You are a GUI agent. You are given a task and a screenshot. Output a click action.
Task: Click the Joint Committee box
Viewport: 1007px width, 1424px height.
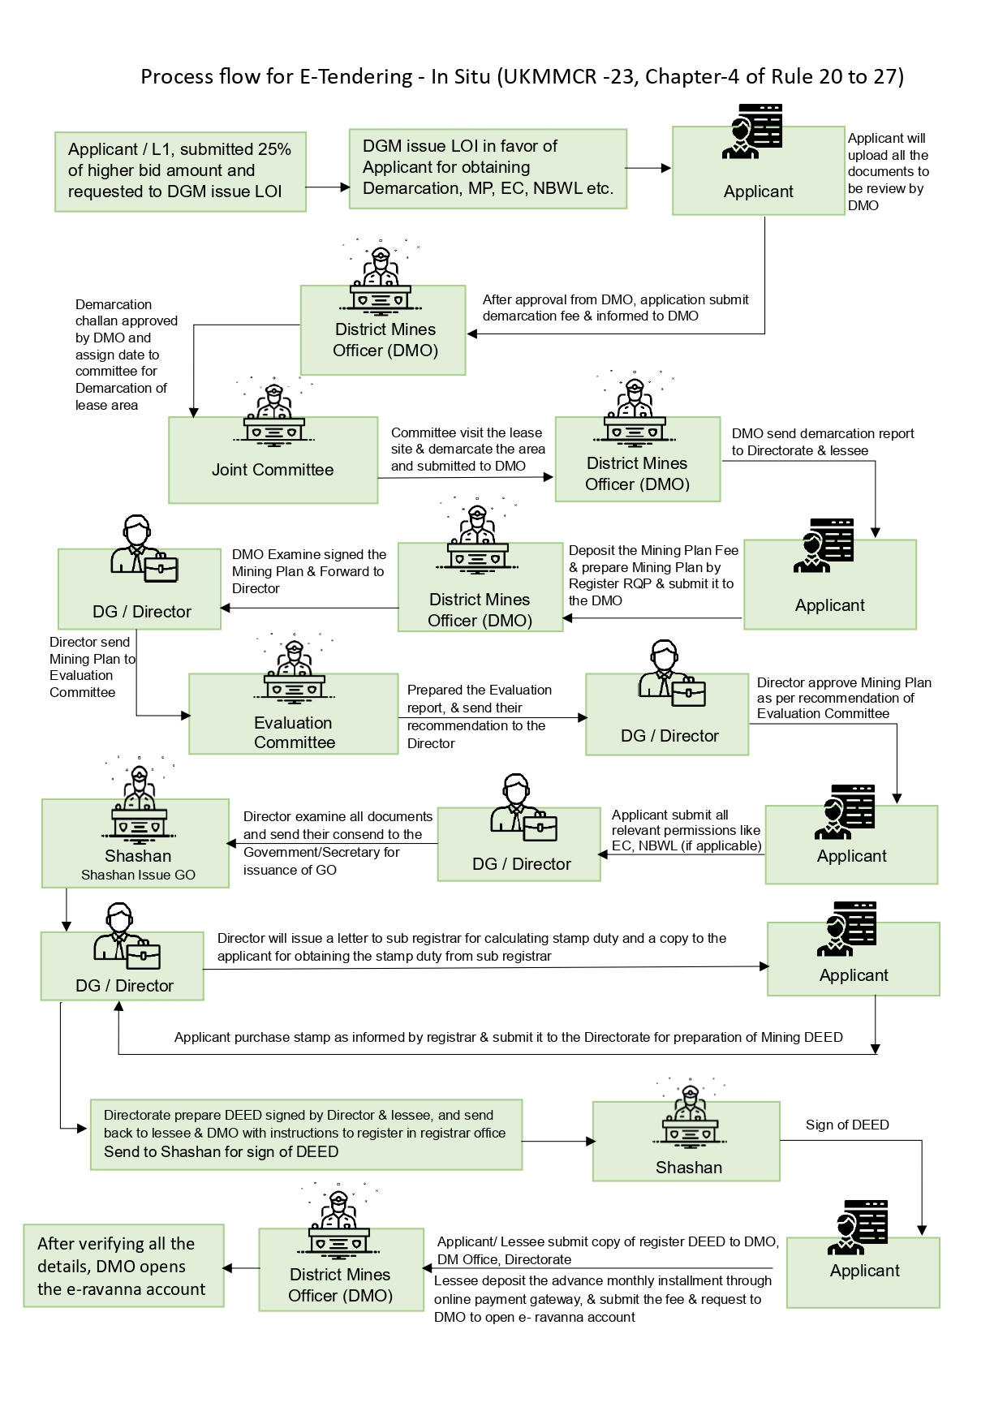(273, 460)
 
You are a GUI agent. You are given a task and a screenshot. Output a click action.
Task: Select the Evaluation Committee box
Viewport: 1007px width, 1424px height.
(293, 714)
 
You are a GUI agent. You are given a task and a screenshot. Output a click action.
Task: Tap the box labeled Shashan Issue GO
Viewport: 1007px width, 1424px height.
(136, 844)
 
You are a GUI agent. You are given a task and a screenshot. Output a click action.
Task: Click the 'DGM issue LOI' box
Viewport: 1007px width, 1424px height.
(488, 169)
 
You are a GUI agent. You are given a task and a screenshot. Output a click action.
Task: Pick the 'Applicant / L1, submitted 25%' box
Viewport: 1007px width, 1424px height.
(180, 172)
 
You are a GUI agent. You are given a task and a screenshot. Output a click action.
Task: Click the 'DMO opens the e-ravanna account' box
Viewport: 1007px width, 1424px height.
(123, 1266)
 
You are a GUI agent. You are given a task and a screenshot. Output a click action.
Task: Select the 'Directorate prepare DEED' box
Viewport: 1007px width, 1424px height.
(306, 1134)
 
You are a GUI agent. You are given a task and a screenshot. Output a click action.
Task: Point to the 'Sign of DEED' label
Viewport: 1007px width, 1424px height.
(846, 1125)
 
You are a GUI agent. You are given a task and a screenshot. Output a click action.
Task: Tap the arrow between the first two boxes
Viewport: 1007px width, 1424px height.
(327, 187)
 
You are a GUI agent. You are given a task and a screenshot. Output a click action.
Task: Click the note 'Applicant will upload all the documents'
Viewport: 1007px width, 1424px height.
(888, 172)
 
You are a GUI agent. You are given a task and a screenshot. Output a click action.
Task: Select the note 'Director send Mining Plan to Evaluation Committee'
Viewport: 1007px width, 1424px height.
(92, 667)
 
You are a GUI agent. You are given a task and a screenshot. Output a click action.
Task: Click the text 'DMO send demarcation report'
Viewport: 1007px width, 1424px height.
(822, 434)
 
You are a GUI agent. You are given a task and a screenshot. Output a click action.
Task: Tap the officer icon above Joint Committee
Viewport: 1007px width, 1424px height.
(273, 414)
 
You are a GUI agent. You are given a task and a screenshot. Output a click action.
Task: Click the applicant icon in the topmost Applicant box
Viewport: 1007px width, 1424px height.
(752, 131)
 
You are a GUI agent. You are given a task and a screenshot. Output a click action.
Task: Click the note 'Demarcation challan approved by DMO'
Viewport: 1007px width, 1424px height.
(125, 355)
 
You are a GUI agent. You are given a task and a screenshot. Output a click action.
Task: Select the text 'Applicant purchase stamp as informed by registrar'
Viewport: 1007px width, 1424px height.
(508, 1037)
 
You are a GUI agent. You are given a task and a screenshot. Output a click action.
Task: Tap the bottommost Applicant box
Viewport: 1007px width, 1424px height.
(863, 1271)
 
